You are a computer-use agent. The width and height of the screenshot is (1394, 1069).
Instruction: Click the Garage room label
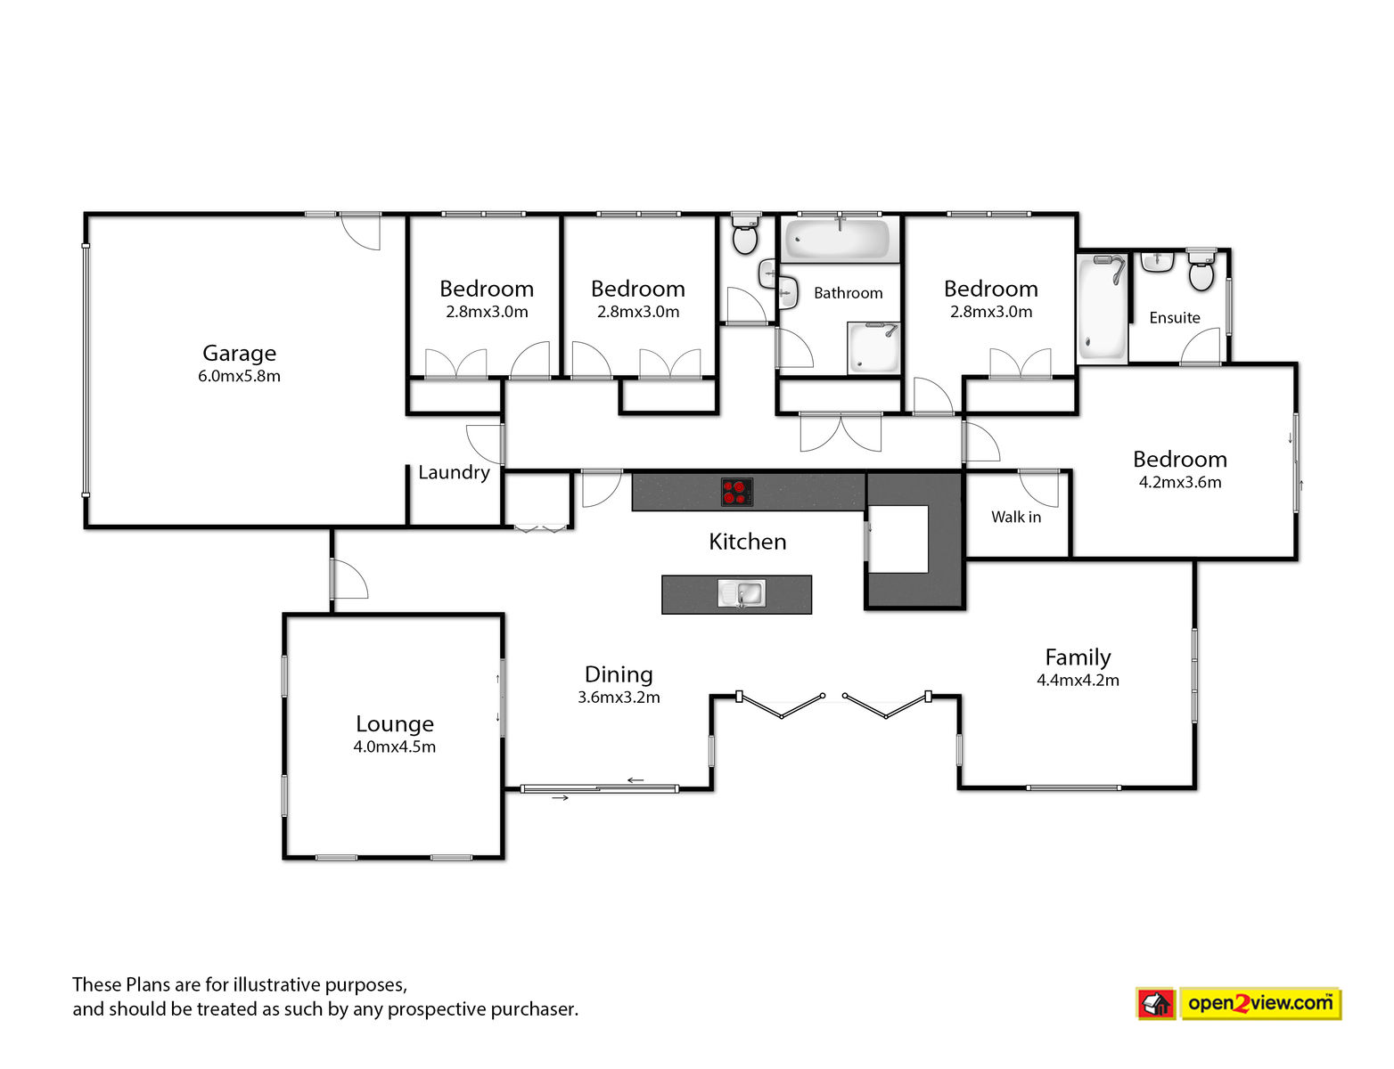(239, 353)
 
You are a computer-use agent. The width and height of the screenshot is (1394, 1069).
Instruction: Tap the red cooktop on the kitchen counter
(736, 492)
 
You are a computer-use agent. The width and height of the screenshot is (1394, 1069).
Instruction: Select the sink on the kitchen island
(741, 593)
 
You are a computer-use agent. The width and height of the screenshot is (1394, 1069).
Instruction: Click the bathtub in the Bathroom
(840, 239)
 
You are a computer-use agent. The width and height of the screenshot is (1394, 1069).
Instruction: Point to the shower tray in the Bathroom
(873, 348)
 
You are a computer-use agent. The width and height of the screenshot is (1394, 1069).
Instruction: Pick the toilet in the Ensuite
(1201, 270)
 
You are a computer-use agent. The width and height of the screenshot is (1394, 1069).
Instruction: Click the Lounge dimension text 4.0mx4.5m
(395, 747)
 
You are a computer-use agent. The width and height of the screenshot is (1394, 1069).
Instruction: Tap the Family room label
(1078, 657)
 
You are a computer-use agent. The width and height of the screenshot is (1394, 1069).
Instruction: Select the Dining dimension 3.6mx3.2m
(619, 698)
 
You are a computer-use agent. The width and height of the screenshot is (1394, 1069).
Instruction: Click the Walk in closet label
(1016, 518)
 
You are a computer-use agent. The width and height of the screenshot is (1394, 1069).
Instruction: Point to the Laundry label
(455, 473)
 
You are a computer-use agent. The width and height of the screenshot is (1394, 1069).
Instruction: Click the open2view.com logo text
(1260, 1003)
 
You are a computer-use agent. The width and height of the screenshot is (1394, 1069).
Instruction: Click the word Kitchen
(747, 543)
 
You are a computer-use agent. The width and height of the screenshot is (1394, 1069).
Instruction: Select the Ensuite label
(1175, 318)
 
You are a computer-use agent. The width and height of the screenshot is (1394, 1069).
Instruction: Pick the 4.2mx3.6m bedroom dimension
(1180, 483)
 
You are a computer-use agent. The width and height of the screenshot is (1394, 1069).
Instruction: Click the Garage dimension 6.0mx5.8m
(239, 376)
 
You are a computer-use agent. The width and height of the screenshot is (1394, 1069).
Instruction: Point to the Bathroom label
(848, 293)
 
